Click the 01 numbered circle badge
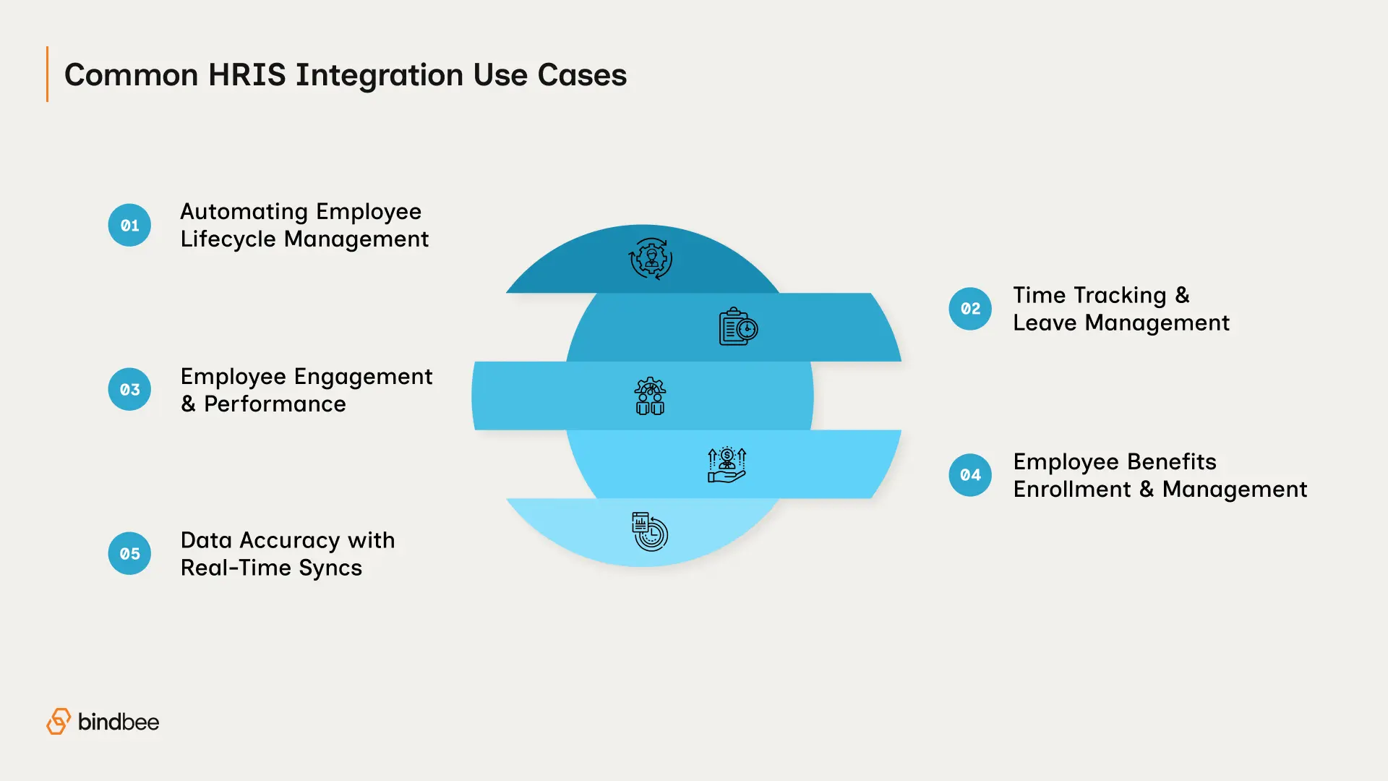(129, 225)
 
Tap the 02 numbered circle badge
(970, 309)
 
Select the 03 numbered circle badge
(129, 389)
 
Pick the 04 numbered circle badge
(970, 475)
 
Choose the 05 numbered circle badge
(129, 553)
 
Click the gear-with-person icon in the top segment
(651, 258)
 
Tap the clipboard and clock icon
(737, 327)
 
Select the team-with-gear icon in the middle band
(650, 396)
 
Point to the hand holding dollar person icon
(727, 465)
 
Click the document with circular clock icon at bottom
(650, 532)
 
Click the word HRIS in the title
(247, 75)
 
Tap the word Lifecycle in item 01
(228, 239)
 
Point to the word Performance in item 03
(275, 404)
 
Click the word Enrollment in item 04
(1071, 490)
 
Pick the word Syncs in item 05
(330, 568)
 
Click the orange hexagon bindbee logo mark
(59, 721)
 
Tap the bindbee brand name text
(119, 722)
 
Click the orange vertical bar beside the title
(48, 74)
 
